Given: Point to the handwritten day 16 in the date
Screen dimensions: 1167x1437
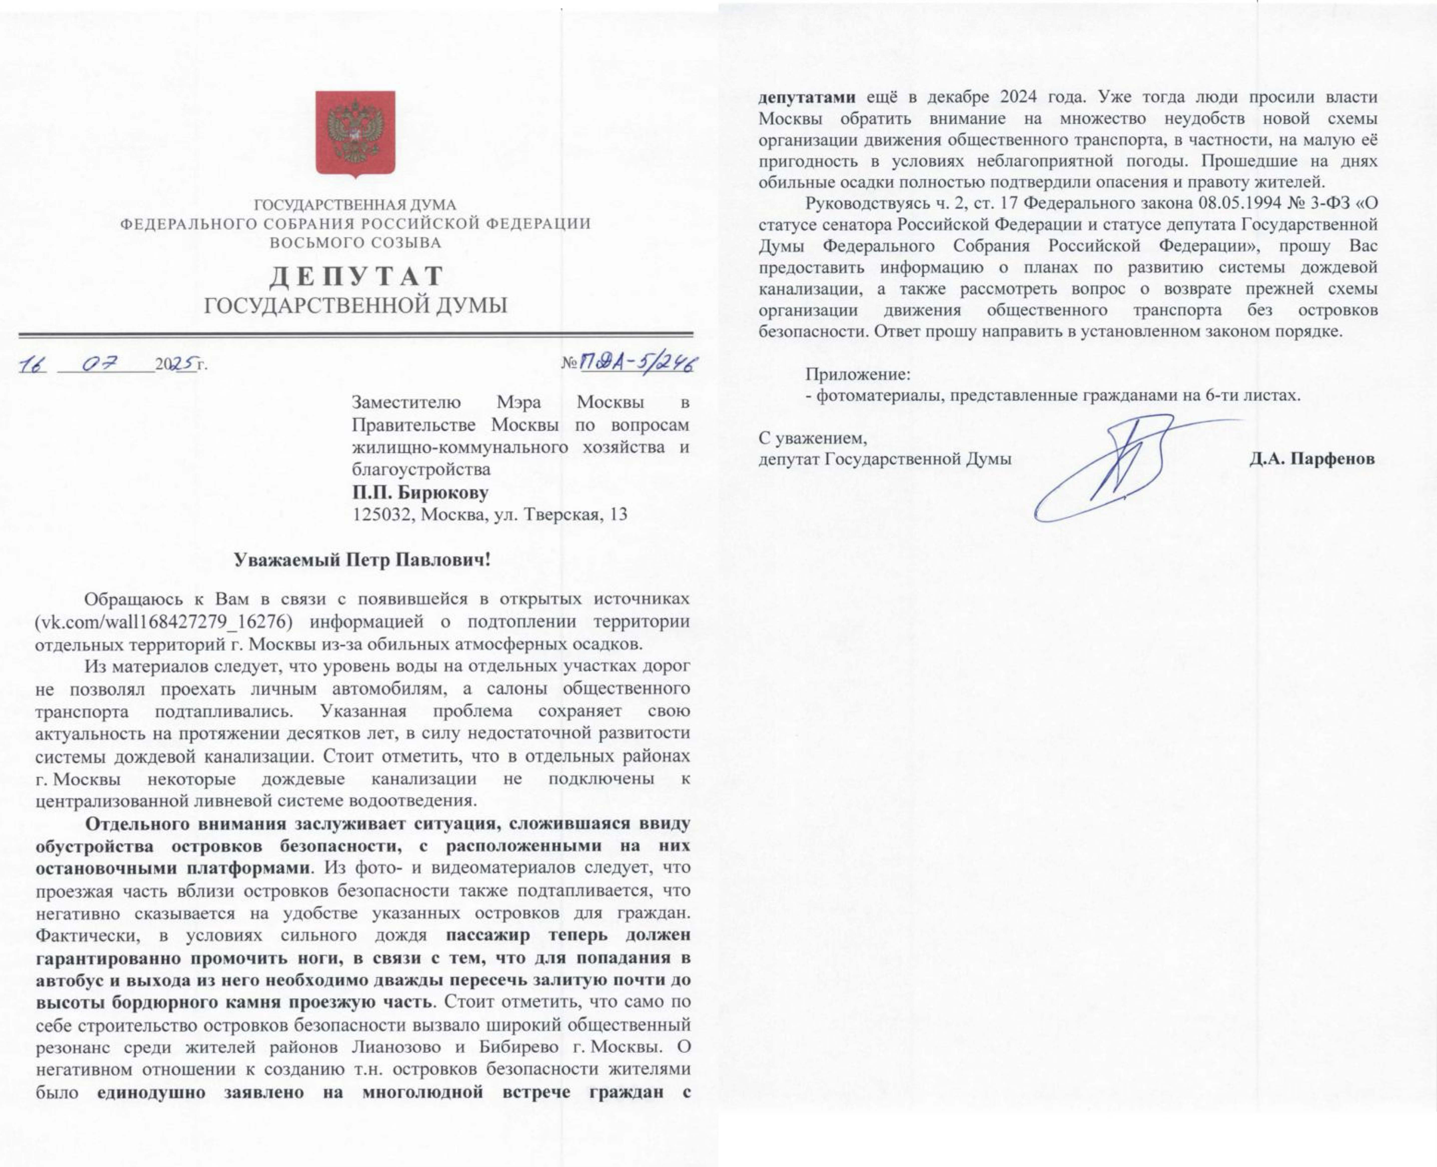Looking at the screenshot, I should [32, 365].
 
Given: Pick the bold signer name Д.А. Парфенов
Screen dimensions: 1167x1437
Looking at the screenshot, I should [1312, 459].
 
